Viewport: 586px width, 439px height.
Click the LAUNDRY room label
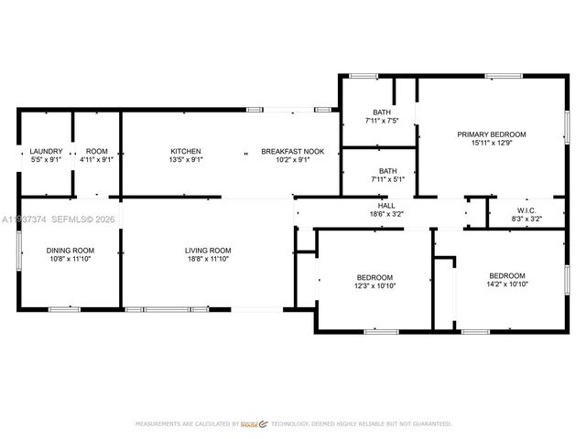46,151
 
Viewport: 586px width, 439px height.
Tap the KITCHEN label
186,151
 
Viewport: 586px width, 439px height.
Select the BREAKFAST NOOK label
286,151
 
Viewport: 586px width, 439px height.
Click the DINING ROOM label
71,251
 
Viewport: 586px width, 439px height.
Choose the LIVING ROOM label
208,251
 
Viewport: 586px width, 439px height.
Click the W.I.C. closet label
525,210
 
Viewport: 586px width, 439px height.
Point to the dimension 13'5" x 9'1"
186,159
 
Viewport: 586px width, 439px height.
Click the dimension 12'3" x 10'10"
374,285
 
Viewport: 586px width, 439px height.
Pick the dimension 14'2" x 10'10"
506,284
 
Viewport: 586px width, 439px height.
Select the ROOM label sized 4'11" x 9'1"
96,151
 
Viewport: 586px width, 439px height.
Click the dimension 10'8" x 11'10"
71,259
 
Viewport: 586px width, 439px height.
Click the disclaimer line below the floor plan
293,424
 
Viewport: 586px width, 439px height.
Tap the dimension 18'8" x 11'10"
208,259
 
